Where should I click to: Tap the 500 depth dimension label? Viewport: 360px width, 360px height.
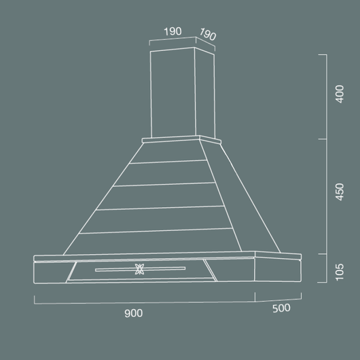(x=281, y=308)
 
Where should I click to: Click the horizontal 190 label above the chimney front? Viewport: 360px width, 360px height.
(x=173, y=31)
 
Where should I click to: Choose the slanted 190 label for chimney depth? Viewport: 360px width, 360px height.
(x=207, y=35)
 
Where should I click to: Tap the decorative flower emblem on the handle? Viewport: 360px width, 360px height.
(x=141, y=269)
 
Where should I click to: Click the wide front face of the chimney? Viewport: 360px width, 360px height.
(x=173, y=92)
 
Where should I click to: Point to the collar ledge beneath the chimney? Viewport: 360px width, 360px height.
(x=181, y=141)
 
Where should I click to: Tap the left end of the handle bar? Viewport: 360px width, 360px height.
(x=96, y=270)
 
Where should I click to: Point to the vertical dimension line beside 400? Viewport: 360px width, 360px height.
(x=327, y=95)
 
